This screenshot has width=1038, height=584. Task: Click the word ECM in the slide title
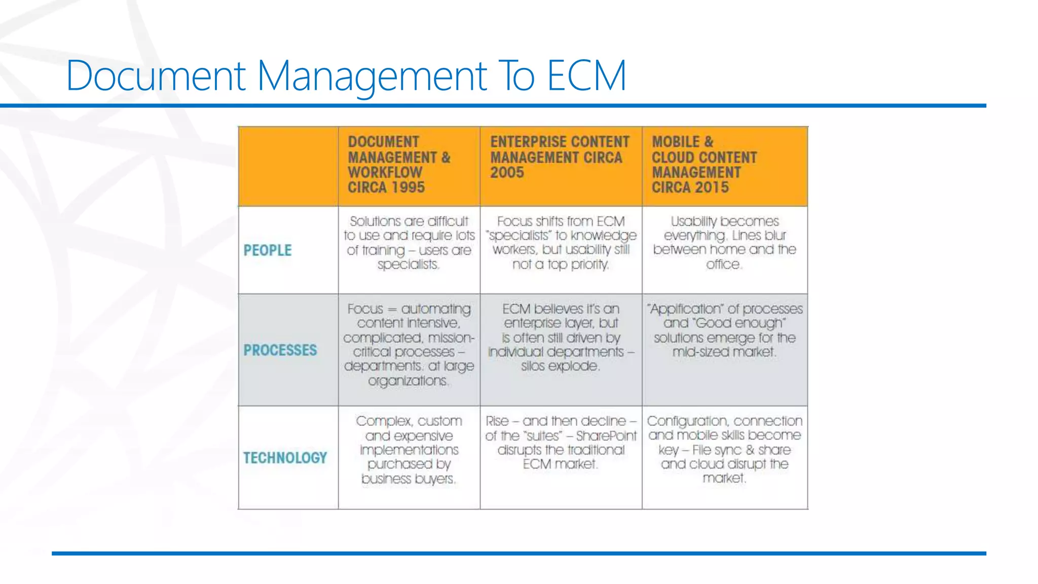click(x=586, y=76)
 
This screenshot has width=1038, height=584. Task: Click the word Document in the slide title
click(x=156, y=76)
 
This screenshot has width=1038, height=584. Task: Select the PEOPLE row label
click(x=268, y=250)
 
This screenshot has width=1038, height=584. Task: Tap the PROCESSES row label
click(x=280, y=350)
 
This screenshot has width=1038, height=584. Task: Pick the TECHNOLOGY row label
click(x=285, y=458)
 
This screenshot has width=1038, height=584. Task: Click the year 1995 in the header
click(x=409, y=188)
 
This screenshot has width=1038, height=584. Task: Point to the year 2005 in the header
click(x=507, y=173)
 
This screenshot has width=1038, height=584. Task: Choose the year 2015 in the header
click(x=712, y=188)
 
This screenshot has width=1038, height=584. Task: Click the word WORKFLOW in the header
click(x=385, y=173)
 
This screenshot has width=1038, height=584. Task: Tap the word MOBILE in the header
click(x=676, y=142)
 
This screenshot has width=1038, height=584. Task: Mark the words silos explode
click(x=560, y=366)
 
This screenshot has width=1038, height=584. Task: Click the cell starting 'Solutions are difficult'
click(x=409, y=243)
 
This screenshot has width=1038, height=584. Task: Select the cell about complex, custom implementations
click(x=409, y=450)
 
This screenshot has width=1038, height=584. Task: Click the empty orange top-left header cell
click(x=288, y=166)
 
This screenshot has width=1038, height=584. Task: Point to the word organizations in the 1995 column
click(x=408, y=381)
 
